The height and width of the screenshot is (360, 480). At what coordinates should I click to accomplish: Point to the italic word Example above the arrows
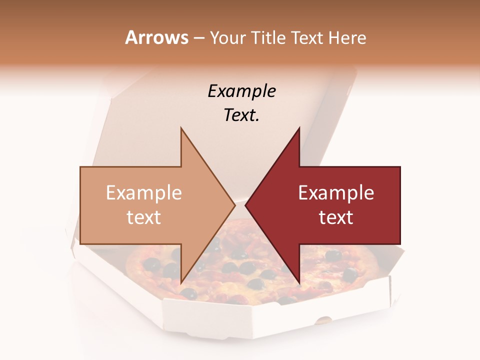pyautogui.click(x=241, y=91)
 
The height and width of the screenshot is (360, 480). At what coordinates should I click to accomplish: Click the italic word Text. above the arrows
pyautogui.click(x=241, y=115)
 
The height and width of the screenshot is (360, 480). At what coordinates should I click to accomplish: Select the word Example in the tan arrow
pyautogui.click(x=144, y=193)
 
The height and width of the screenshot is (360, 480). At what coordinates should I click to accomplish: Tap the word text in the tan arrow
pyautogui.click(x=144, y=217)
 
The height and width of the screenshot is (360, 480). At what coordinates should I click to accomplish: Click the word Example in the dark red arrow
pyautogui.click(x=336, y=193)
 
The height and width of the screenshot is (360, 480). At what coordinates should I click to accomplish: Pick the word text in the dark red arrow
pyautogui.click(x=336, y=217)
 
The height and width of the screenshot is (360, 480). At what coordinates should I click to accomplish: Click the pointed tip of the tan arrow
pyautogui.click(x=234, y=205)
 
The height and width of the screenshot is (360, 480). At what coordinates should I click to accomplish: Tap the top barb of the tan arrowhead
pyautogui.click(x=181, y=131)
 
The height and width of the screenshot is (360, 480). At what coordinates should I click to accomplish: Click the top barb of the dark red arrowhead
pyautogui.click(x=298, y=131)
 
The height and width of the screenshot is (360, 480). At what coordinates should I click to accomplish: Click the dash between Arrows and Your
pyautogui.click(x=198, y=38)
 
